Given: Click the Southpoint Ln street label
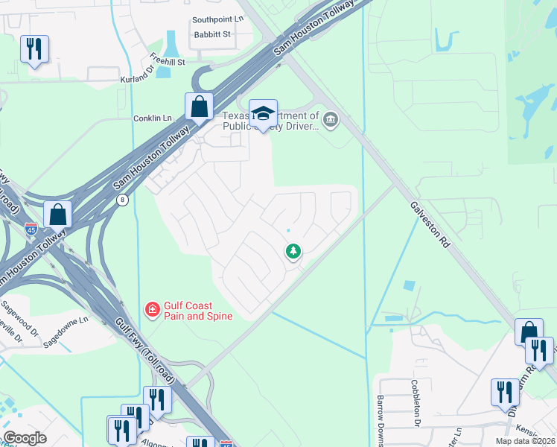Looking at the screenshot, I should click(x=217, y=20).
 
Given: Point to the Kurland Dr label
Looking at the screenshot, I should click(x=137, y=78).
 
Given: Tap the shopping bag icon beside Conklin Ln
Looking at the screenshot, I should click(x=200, y=107).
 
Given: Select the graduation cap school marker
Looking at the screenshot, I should click(x=263, y=113).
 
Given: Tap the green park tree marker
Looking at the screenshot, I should click(x=293, y=252).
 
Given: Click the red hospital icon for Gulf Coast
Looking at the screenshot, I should click(x=152, y=308).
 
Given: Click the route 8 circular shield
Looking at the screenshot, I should click(x=122, y=200).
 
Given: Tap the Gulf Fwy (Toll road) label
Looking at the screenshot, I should click(x=146, y=349).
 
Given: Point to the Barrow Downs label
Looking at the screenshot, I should click(x=381, y=417).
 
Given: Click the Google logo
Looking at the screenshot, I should click(x=25, y=438).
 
